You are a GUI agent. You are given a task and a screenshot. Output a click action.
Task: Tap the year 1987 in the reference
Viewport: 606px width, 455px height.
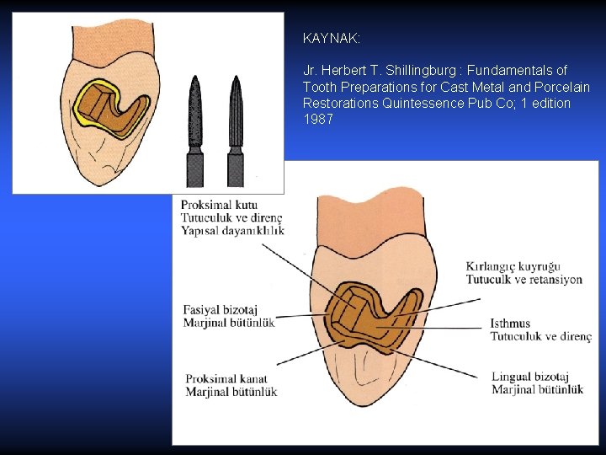[318, 119]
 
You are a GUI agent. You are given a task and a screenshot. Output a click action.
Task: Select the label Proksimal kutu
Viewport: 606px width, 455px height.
[220, 205]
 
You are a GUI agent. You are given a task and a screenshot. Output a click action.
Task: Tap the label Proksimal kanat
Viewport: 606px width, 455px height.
[223, 379]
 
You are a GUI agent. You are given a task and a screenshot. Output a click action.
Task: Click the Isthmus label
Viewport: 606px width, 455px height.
[510, 324]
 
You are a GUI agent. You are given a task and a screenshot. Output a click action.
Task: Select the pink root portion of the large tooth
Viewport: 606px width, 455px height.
[370, 211]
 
